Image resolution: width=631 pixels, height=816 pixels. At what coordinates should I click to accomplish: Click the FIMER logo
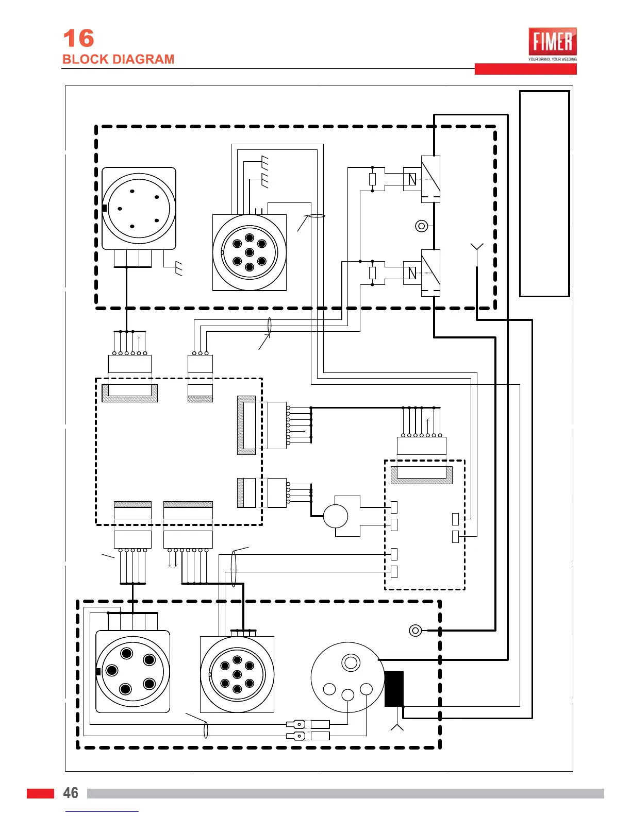[x=552, y=42]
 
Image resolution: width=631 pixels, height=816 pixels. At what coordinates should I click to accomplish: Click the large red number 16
[x=78, y=39]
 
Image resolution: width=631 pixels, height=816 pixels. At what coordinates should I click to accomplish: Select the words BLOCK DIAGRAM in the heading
[x=118, y=59]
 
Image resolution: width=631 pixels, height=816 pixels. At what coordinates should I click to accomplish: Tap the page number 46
[x=71, y=793]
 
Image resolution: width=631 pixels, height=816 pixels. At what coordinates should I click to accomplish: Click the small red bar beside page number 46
[x=40, y=793]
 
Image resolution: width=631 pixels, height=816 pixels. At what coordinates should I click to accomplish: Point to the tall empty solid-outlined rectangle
[x=544, y=194]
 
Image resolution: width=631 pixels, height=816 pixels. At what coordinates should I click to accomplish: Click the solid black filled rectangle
[x=394, y=689]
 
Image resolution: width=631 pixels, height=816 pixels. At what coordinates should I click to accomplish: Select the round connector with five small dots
[x=138, y=208]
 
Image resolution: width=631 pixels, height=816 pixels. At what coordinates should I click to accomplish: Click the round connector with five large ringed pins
[x=132, y=671]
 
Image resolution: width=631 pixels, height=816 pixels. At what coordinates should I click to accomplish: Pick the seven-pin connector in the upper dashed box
[x=250, y=252]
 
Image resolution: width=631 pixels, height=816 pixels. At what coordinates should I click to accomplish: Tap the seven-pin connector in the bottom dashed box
[x=237, y=674]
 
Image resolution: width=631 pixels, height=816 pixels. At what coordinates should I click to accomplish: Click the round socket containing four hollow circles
[x=348, y=677]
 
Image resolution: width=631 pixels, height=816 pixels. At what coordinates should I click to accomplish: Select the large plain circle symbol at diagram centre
[x=336, y=516]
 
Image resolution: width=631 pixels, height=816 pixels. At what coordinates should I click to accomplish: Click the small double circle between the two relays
[x=421, y=226]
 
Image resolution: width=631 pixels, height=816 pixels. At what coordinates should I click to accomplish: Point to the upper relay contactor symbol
[x=430, y=178]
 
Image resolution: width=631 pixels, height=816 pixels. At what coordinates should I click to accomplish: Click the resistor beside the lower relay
[x=372, y=273]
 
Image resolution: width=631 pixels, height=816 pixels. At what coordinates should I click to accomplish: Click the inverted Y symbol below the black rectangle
[x=397, y=726]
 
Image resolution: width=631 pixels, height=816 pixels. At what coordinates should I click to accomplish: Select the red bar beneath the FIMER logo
[x=525, y=69]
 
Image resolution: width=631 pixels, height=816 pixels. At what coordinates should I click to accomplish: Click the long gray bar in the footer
[x=345, y=793]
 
